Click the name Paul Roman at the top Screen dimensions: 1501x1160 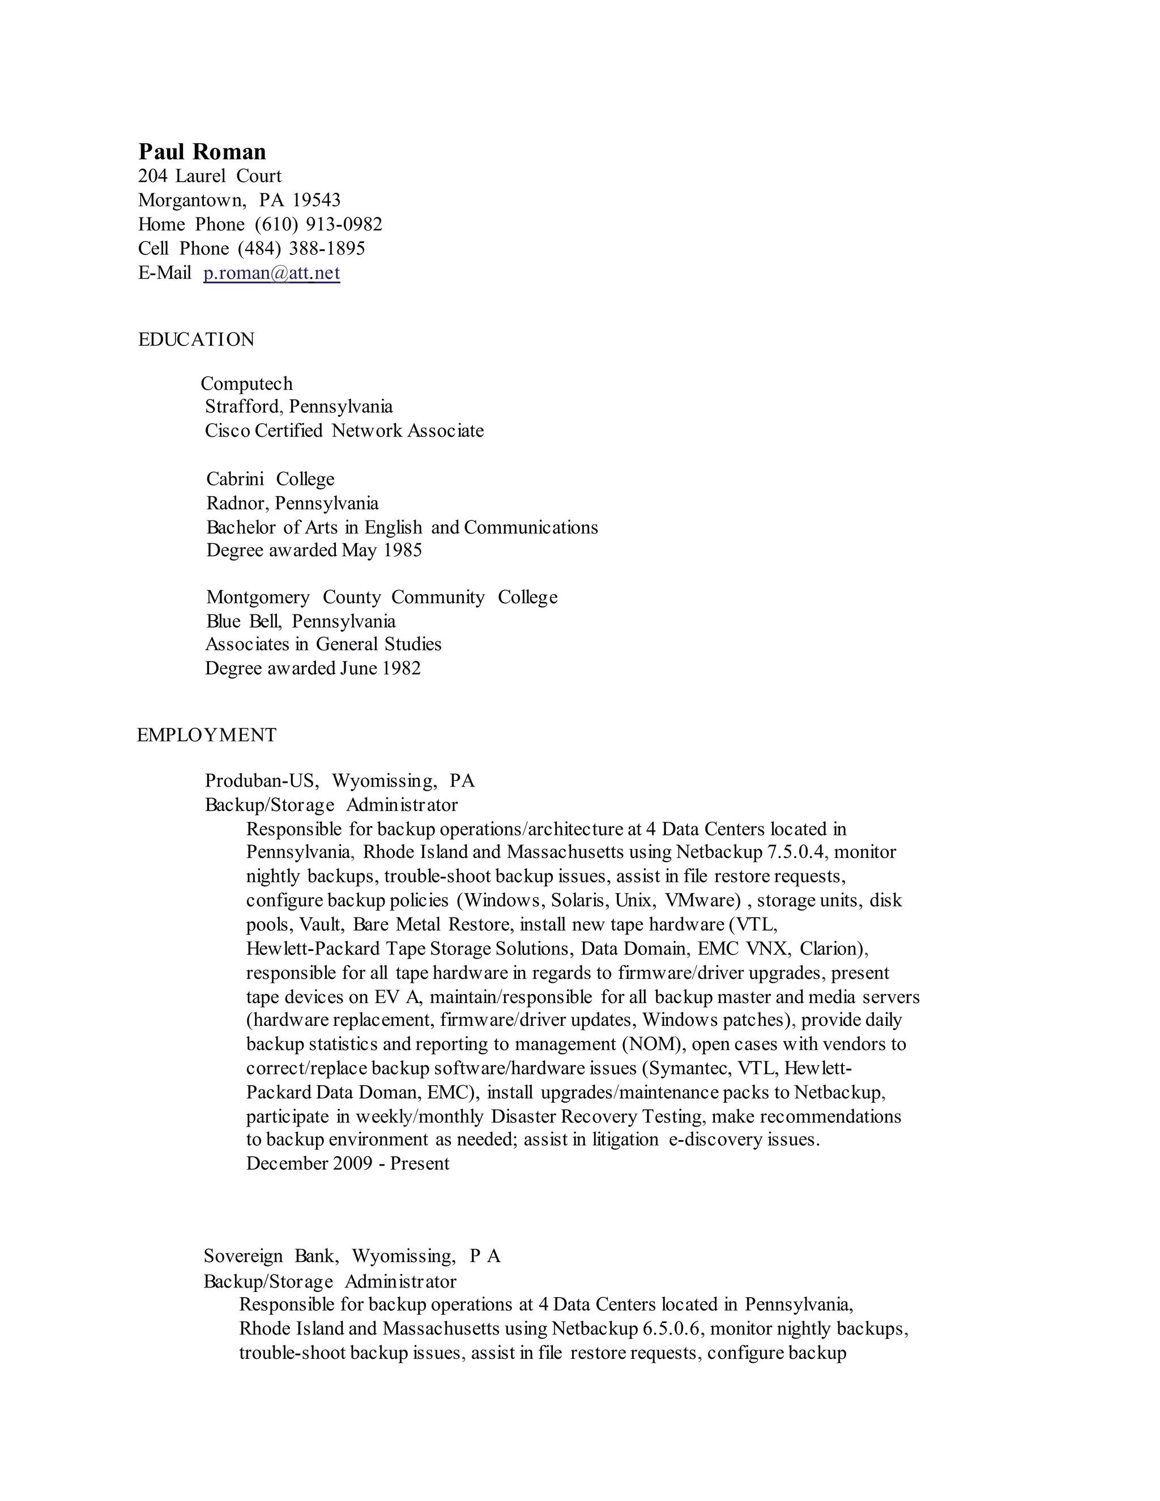pyautogui.click(x=202, y=152)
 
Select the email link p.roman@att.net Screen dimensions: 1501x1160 pyautogui.click(x=271, y=273)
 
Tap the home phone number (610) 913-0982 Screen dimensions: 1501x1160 pyautogui.click(x=318, y=225)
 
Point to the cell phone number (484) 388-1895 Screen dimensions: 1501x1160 pyautogui.click(x=301, y=249)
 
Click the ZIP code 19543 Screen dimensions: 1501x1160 pyautogui.click(x=316, y=200)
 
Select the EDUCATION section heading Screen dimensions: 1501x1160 pyautogui.click(x=196, y=339)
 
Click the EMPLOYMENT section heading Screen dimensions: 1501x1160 pyautogui.click(x=206, y=735)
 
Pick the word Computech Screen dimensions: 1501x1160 pyautogui.click(x=247, y=383)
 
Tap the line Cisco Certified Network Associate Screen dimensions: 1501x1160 pyautogui.click(x=344, y=431)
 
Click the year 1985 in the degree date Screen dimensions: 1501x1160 pyautogui.click(x=403, y=551)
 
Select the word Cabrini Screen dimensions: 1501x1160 pyautogui.click(x=235, y=479)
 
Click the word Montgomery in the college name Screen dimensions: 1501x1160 pyautogui.click(x=258, y=597)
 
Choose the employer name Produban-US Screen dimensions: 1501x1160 pyautogui.click(x=262, y=781)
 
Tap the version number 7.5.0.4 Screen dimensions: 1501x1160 pyautogui.click(x=795, y=852)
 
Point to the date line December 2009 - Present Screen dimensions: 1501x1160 pyautogui.click(x=348, y=1163)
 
